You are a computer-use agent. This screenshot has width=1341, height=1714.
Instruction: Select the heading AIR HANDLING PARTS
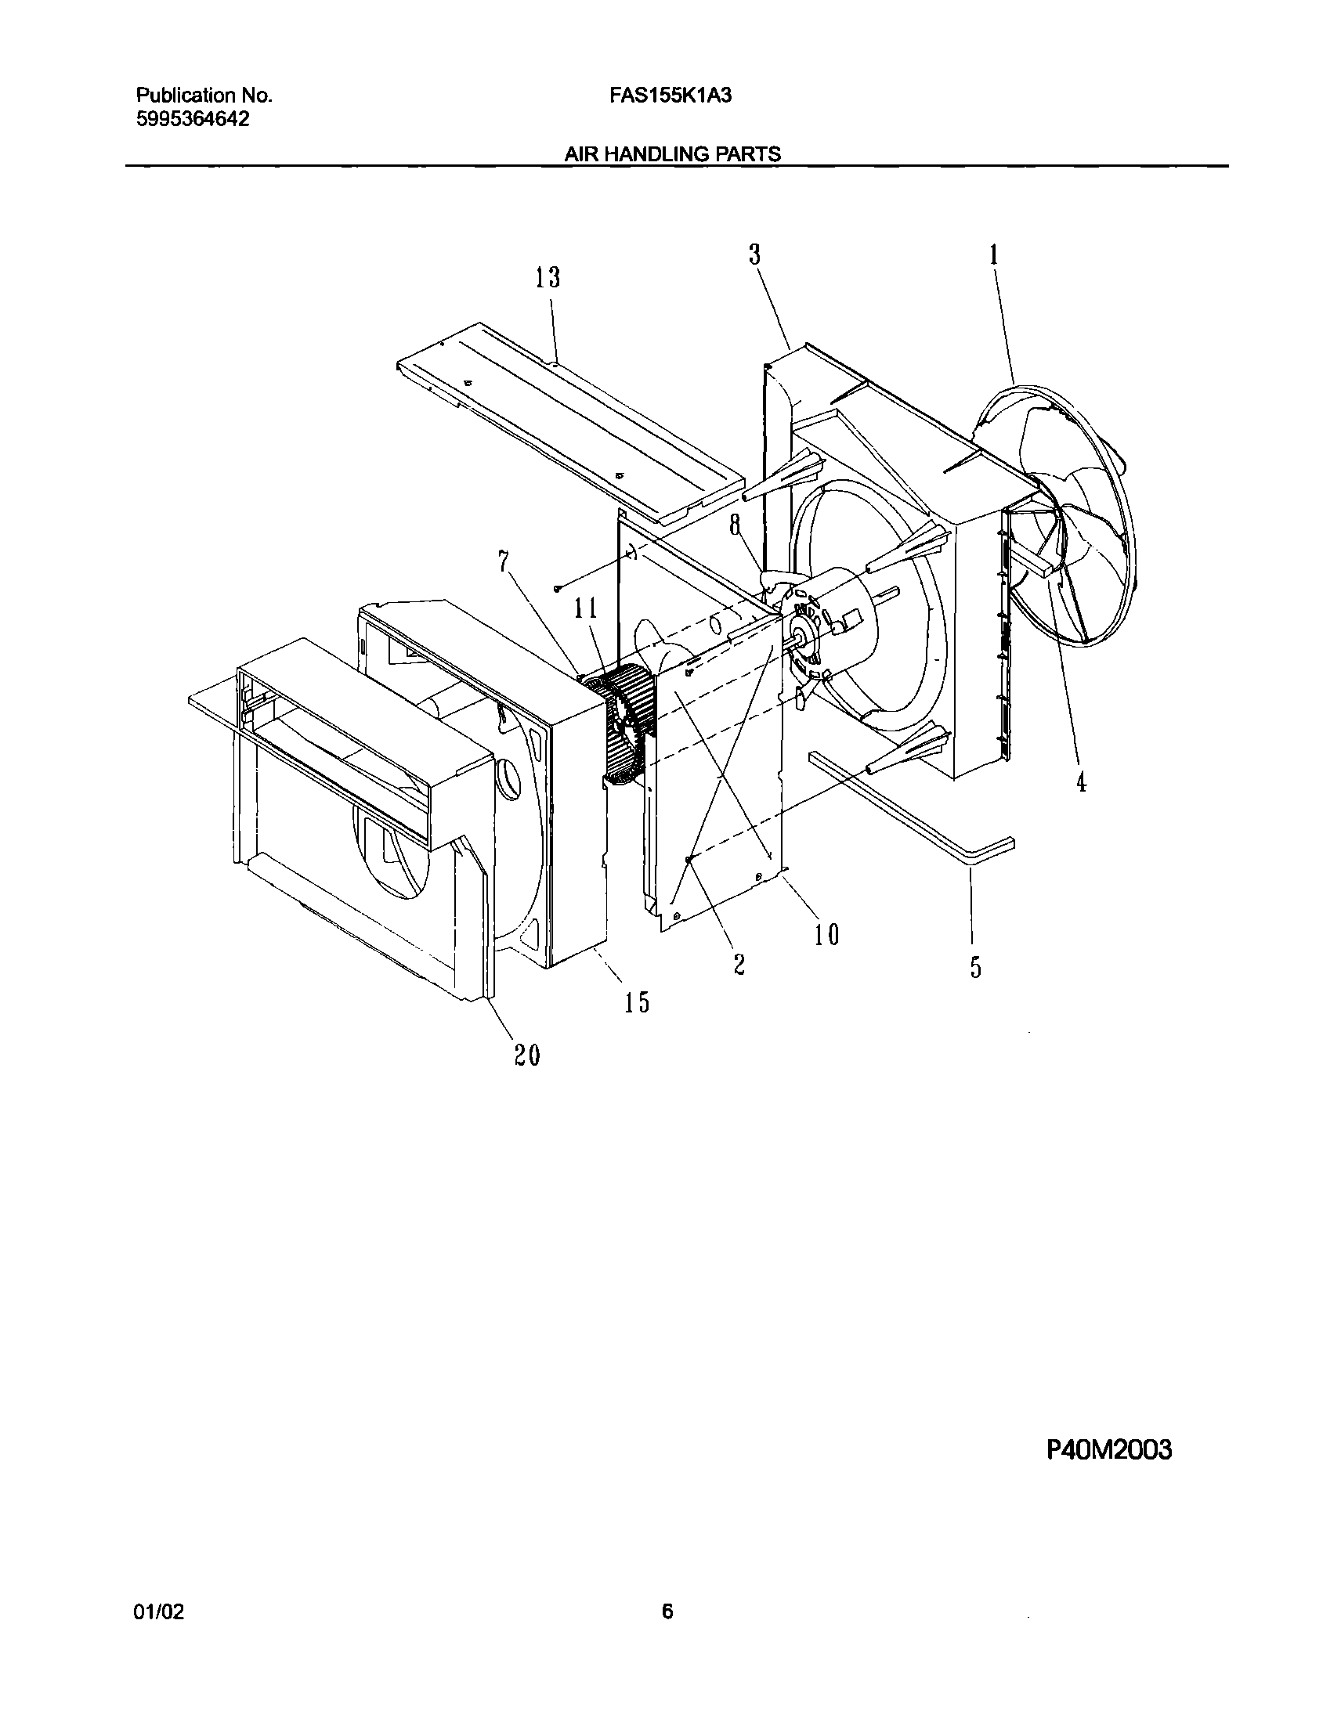[x=672, y=153]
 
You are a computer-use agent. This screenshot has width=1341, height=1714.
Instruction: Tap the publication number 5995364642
[x=193, y=120]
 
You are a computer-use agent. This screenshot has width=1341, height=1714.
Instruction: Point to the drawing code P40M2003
[x=1108, y=1449]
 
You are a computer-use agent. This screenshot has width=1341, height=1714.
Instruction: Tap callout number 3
[x=754, y=254]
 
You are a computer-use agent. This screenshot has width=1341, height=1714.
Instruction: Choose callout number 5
[x=975, y=968]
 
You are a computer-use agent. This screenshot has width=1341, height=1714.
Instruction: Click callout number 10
[x=826, y=934]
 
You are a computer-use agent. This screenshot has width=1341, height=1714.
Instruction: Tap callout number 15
[x=637, y=1002]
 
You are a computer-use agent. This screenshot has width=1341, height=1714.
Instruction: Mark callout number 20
[x=527, y=1056]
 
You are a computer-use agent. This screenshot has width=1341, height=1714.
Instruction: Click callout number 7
[x=504, y=561]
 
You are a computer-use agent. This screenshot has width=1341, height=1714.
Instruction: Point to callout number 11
[x=586, y=608]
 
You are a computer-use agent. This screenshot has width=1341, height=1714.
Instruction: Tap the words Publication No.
[x=204, y=96]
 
